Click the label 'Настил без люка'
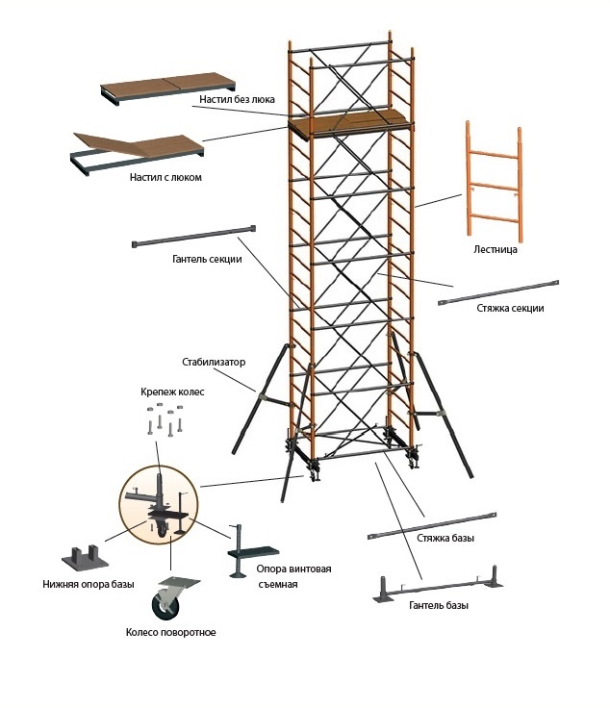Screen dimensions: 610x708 [237, 99]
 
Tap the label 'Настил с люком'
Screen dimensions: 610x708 [165, 177]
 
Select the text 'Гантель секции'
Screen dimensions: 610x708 [207, 259]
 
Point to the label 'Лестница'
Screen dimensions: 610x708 [496, 249]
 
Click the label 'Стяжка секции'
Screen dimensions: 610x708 [510, 308]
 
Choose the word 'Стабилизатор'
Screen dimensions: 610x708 [214, 362]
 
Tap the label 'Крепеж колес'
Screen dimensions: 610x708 [172, 392]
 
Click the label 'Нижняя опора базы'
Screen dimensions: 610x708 [89, 584]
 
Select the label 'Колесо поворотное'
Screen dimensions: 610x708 [170, 632]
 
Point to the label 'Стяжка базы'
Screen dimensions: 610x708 [445, 538]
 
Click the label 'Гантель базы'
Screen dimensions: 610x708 [439, 605]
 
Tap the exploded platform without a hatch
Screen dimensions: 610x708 [168, 88]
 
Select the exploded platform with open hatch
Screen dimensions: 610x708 [138, 154]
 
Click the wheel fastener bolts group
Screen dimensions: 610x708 [165, 419]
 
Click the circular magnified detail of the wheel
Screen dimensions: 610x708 [159, 505]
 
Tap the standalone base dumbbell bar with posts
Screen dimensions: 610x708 [438, 584]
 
